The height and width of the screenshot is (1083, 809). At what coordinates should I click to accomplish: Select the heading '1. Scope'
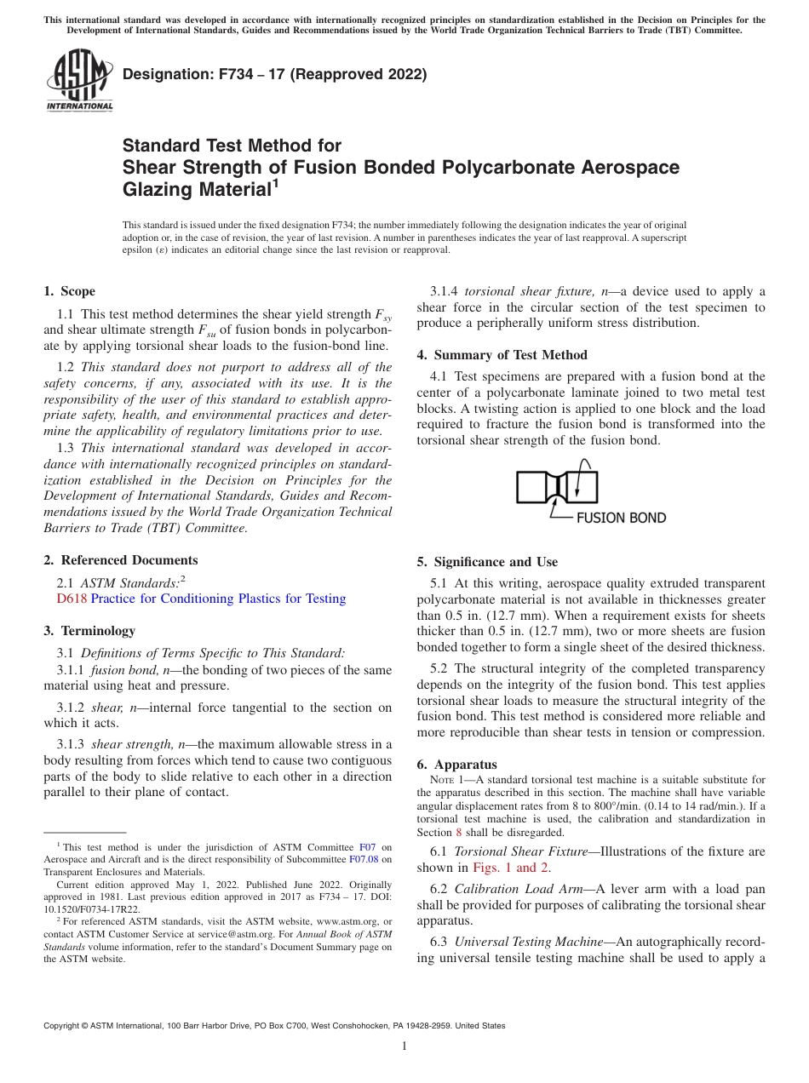(x=70, y=291)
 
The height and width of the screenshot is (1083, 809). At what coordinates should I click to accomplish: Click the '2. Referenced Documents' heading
(x=121, y=560)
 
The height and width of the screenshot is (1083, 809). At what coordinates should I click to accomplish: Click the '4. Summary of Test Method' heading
(x=502, y=354)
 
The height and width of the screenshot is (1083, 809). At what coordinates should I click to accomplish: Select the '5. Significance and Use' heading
(x=487, y=562)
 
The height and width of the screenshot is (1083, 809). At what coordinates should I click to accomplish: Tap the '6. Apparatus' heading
(x=456, y=765)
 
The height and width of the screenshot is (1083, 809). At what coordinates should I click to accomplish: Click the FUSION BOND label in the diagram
(x=621, y=518)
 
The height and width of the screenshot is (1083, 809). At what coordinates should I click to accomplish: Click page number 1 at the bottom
(x=404, y=1046)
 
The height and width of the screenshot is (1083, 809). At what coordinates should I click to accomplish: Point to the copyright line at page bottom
(x=274, y=1026)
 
